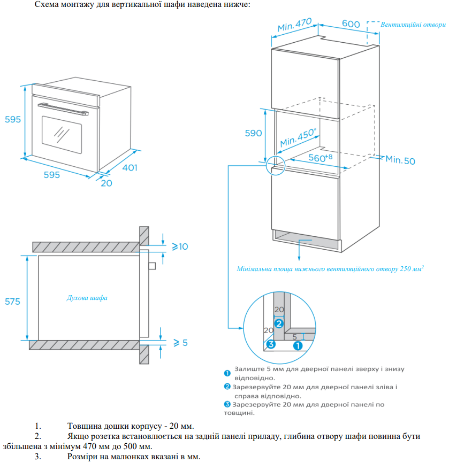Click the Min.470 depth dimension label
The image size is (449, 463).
[294, 25]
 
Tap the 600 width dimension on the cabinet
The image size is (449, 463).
[351, 24]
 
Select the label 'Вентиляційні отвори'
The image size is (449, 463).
[413, 25]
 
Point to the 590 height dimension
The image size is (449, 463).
[254, 133]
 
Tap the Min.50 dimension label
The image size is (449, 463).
[400, 160]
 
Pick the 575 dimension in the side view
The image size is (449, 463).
[12, 302]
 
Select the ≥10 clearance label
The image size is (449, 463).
[180, 246]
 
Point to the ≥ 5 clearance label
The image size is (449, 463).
[180, 342]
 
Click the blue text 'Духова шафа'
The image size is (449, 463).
[87, 298]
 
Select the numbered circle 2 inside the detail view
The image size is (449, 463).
[278, 323]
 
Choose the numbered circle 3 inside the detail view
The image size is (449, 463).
[271, 344]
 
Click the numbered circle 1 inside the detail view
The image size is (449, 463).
[298, 345]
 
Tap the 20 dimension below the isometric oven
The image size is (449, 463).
[106, 183]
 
